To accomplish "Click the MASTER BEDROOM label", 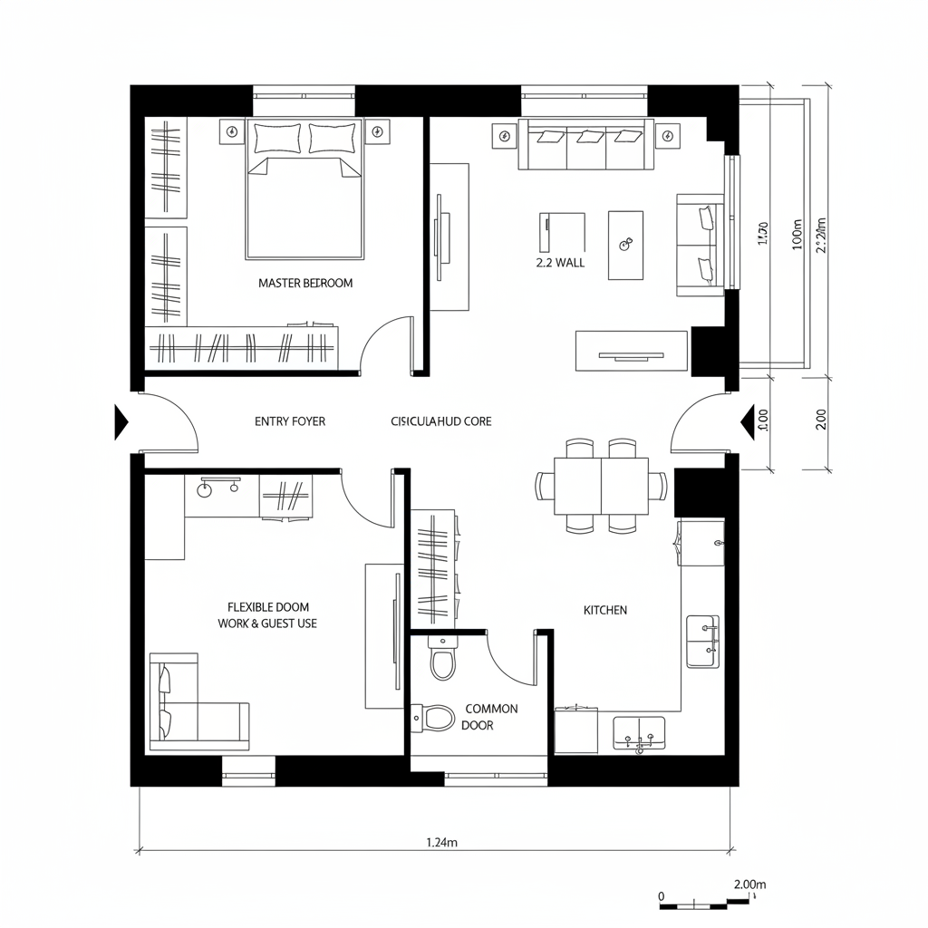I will (305, 283).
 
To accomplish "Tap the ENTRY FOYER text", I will (289, 421).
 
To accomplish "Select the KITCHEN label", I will (604, 610).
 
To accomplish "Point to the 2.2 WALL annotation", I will (561, 263).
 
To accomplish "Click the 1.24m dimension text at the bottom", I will (441, 842).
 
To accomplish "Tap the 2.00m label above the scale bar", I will (748, 884).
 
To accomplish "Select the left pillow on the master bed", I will (277, 138).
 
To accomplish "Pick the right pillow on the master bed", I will (333, 138).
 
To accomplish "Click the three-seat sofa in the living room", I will (585, 144).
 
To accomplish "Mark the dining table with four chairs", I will (602, 486).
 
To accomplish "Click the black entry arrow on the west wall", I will (121, 421).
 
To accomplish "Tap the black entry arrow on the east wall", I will (749, 421).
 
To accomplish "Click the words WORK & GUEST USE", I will (267, 623).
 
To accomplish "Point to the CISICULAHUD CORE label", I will (441, 421).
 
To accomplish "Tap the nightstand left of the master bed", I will (230, 133).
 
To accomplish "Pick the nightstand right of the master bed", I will (378, 133).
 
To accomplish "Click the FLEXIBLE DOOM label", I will (267, 606).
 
